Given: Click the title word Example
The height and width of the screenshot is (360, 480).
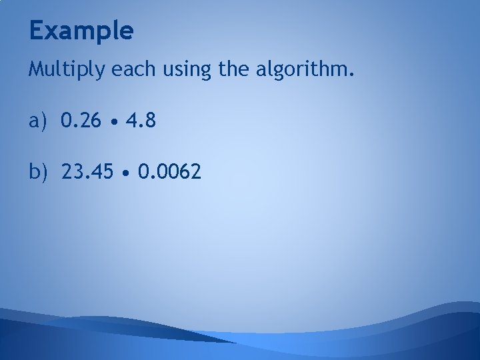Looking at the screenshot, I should coord(81,31).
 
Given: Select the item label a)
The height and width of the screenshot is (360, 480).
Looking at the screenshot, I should coord(39,121).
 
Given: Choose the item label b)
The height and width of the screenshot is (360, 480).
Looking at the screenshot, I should coord(39,173).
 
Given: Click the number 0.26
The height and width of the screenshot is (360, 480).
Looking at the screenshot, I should coord(82,121).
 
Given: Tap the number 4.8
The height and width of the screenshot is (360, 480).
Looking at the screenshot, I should coord(142,121).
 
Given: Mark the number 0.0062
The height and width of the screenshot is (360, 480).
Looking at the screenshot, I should coord(169,173).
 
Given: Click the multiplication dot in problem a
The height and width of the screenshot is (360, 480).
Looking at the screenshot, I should coord(117,123).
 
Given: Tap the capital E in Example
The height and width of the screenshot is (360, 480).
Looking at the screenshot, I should coord(37,31).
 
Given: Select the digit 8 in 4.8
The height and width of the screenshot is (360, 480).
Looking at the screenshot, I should coord(151,121).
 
